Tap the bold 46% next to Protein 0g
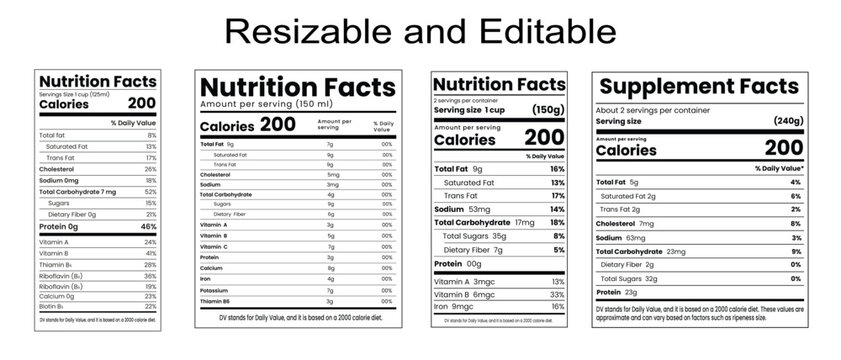[x=148, y=227]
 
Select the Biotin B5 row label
[x=53, y=306]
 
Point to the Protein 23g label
[x=617, y=292]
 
